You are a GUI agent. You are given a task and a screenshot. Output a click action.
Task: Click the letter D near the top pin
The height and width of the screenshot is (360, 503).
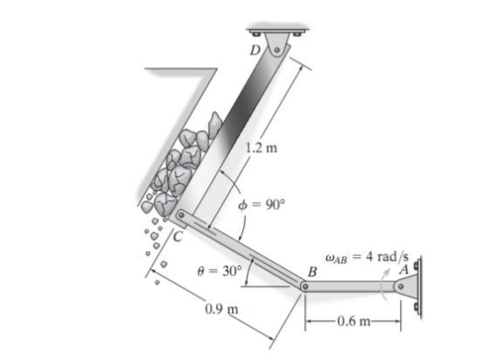pyautogui.click(x=255, y=50)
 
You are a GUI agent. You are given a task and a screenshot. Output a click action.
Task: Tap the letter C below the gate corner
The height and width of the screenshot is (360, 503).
pyautogui.click(x=178, y=237)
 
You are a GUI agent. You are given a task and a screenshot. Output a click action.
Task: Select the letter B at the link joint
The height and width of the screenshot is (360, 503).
pyautogui.click(x=312, y=272)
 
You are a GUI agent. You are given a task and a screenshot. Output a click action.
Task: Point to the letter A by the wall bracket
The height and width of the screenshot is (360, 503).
pyautogui.click(x=404, y=269)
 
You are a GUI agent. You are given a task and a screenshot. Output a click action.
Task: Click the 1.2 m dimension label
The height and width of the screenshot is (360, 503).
pyautogui.click(x=262, y=148)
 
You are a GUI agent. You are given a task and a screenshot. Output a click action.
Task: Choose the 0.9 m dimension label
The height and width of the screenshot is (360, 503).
pyautogui.click(x=221, y=309)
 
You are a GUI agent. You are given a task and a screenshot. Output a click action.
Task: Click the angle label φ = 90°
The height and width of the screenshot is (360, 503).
pyautogui.click(x=262, y=205)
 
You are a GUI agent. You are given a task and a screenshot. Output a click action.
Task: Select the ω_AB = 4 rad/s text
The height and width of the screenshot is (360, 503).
pyautogui.click(x=367, y=257)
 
